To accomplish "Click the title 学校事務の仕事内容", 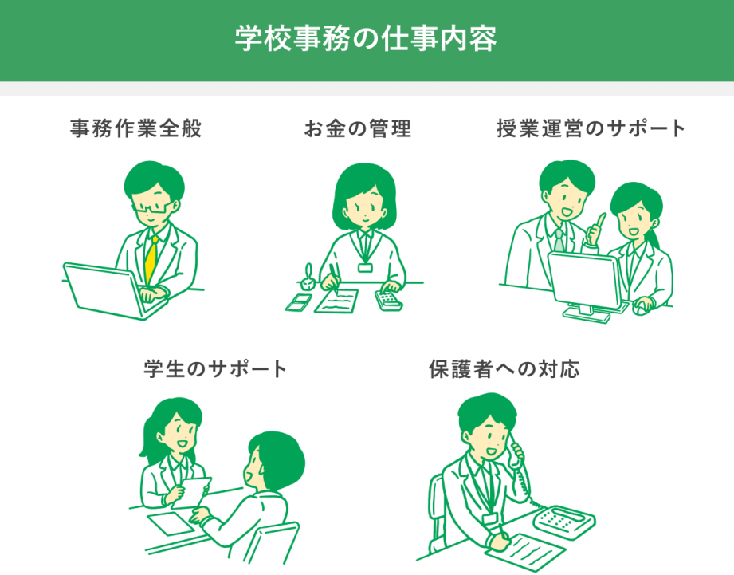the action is pos(366,38).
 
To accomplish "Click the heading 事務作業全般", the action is pos(135,128).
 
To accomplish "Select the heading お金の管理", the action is pos(358,128).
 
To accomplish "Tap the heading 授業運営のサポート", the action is pos(591,128).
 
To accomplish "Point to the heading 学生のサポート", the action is pos(215,369).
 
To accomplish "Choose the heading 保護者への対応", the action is pos(504,369).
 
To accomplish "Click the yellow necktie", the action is pos(151,260).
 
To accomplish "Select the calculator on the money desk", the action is pos(389,300).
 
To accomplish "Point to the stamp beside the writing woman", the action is pos(308,278).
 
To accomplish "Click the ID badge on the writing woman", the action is pos(365,267).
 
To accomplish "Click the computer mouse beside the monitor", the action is pos(642,307).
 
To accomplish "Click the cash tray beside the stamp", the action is pos(299,302).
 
